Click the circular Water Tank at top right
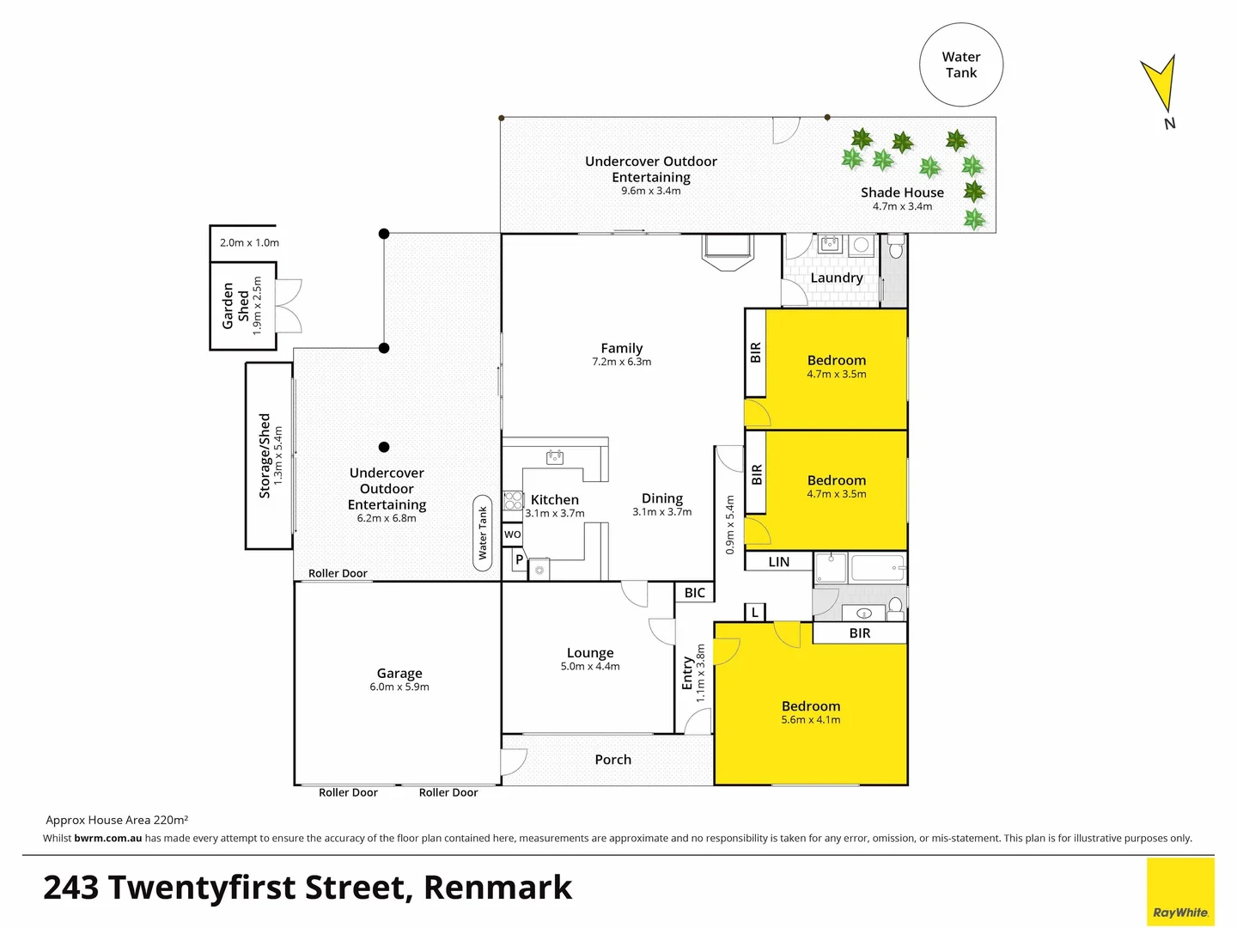pos(961,65)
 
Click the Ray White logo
pos(1180,893)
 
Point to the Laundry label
pos(836,278)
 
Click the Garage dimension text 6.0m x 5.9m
pos(399,687)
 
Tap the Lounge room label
pos(590,653)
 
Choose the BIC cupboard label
pos(695,593)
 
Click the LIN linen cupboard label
pos(778,562)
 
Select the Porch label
pos(612,760)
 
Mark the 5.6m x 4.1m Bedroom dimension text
pos(811,720)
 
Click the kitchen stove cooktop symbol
pos(513,500)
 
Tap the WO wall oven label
pos(513,534)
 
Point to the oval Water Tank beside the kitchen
pos(483,533)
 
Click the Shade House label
pos(902,192)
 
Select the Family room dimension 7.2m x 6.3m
pos(621,362)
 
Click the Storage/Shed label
pos(265,455)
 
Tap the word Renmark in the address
pos(497,888)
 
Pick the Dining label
pos(661,498)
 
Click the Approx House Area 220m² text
pos(117,820)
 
